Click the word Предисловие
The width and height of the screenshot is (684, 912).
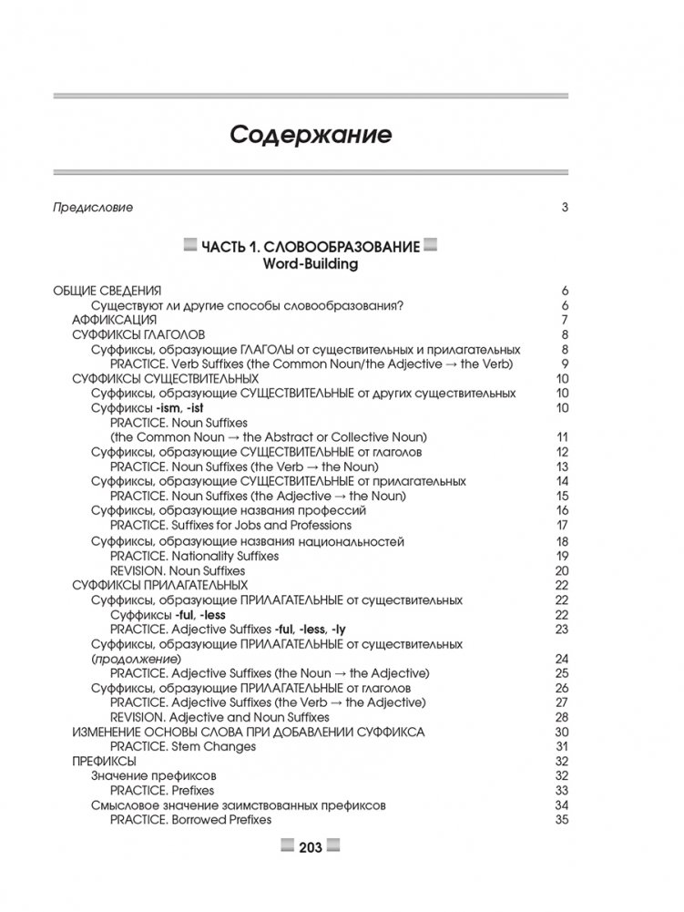(x=94, y=207)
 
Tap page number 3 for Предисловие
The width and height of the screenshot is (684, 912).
(x=565, y=207)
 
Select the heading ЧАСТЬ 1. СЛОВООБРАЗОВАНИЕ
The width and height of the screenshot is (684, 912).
(x=311, y=246)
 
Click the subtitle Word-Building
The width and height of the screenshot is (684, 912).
(x=311, y=264)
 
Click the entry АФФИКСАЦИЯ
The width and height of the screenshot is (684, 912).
(x=114, y=320)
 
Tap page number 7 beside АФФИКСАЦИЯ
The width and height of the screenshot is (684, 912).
(x=565, y=320)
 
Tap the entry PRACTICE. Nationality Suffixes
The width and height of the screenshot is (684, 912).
(x=194, y=555)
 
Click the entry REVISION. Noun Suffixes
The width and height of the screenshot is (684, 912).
(x=181, y=569)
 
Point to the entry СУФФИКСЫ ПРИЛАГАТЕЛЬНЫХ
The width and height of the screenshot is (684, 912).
(x=159, y=584)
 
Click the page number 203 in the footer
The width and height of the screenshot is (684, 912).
(x=311, y=847)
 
